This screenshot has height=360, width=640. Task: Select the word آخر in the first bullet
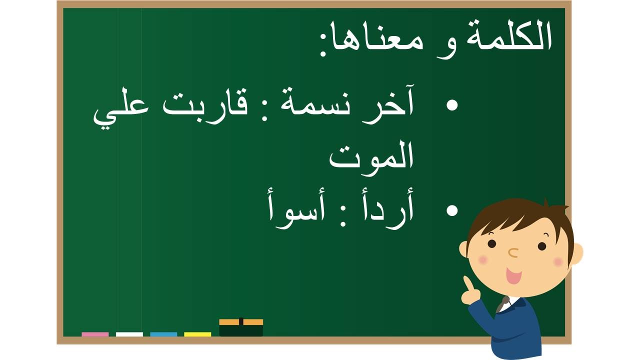pyautogui.click(x=387, y=103)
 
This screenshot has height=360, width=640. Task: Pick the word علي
pyautogui.click(x=121, y=109)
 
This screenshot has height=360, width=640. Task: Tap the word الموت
pyautogui.click(x=371, y=156)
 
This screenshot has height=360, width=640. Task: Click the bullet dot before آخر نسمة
pyautogui.click(x=452, y=105)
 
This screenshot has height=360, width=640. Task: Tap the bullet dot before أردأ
pyautogui.click(x=452, y=210)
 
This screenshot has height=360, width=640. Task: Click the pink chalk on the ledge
pyautogui.click(x=95, y=334)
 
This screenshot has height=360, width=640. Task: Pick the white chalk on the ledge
pyautogui.click(x=129, y=334)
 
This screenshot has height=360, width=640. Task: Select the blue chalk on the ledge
pyautogui.click(x=163, y=334)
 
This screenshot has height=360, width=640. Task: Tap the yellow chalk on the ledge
pyautogui.click(x=197, y=334)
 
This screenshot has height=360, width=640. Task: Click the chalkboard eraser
pyautogui.click(x=241, y=327)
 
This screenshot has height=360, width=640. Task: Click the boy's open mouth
pyautogui.click(x=513, y=275)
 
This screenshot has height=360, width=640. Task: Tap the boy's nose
pyautogui.click(x=513, y=252)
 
